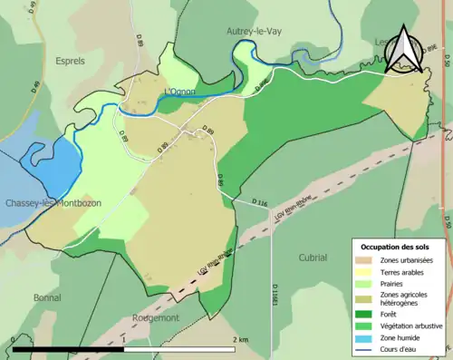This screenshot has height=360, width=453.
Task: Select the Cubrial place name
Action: click(x=313, y=258)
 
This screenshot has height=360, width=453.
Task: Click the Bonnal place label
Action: click(x=47, y=297)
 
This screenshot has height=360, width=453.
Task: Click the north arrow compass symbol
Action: click(x=404, y=52)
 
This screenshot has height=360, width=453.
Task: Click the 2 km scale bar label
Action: click(x=239, y=339)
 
